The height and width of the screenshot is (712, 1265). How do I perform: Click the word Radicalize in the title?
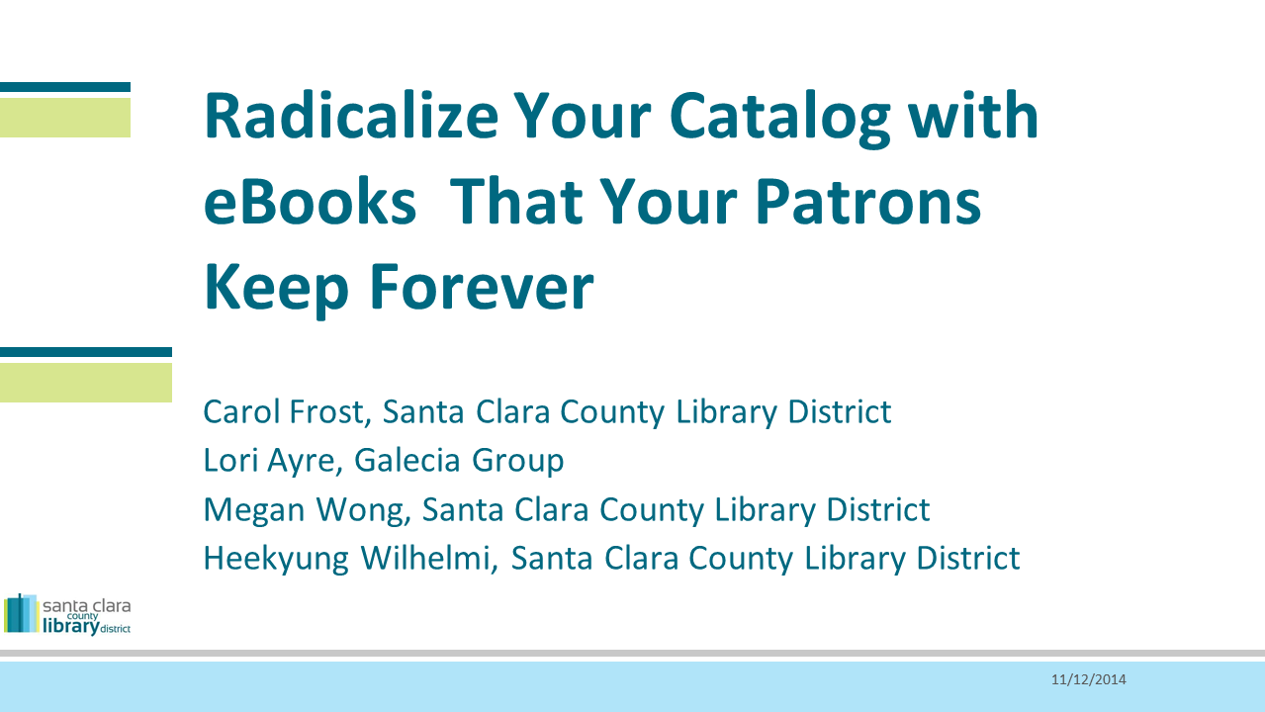[351, 115]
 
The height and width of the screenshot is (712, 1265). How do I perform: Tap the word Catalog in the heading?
[780, 119]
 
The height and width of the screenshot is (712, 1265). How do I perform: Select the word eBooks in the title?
[310, 201]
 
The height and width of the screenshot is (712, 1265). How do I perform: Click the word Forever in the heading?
[481, 287]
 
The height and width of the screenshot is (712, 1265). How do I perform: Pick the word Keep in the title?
[276, 289]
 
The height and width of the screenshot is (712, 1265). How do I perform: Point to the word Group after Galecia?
[517, 463]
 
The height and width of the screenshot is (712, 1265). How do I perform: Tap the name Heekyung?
[276, 560]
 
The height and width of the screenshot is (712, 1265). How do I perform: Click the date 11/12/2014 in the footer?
[1088, 679]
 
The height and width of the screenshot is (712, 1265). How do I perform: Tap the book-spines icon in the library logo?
[22, 613]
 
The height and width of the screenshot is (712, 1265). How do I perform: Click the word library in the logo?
[71, 627]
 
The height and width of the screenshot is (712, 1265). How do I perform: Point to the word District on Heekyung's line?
[967, 558]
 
